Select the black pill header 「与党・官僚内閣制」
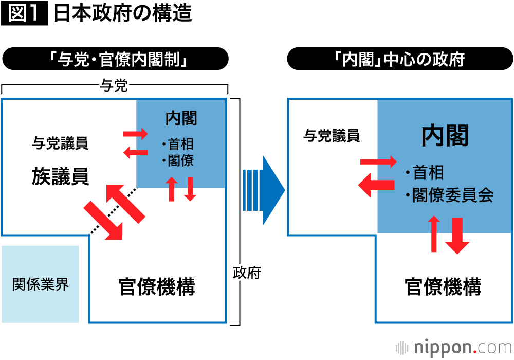115,59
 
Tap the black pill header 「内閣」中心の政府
399,59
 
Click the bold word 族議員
60,176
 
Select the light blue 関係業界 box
40,284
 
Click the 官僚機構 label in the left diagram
157,286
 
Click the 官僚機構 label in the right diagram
443,286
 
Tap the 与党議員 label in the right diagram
332,136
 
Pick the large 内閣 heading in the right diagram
445,136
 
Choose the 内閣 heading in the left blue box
181,118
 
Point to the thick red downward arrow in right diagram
457,236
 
